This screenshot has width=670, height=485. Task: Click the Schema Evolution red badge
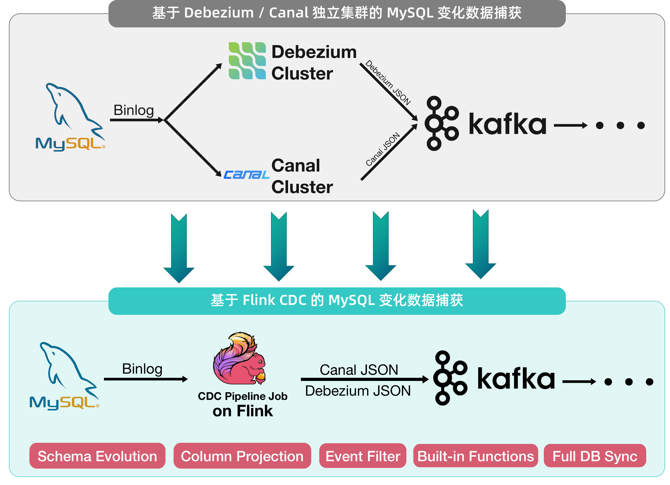pyautogui.click(x=97, y=456)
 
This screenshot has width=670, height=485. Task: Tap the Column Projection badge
pyautogui.click(x=242, y=456)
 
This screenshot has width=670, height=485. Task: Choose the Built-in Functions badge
pyautogui.click(x=475, y=456)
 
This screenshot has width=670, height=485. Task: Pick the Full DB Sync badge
pyautogui.click(x=595, y=456)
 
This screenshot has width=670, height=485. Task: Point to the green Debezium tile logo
pyautogui.click(x=247, y=61)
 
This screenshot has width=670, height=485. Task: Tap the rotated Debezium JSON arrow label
pyautogui.click(x=388, y=83)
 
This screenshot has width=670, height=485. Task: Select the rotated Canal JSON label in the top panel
pyautogui.click(x=383, y=149)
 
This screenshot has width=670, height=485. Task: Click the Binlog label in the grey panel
pyautogui.click(x=134, y=110)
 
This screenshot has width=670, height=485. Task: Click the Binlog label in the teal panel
pyautogui.click(x=142, y=369)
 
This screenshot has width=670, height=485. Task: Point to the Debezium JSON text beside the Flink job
pyautogui.click(x=358, y=390)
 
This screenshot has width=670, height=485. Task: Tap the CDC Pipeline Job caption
pyautogui.click(x=242, y=396)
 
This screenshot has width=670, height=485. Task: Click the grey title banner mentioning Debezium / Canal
pyautogui.click(x=337, y=13)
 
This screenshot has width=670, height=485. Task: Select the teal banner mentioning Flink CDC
pyautogui.click(x=337, y=300)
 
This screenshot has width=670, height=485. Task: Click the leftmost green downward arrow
pyautogui.click(x=179, y=248)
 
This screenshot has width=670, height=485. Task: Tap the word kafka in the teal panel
pyautogui.click(x=516, y=379)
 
